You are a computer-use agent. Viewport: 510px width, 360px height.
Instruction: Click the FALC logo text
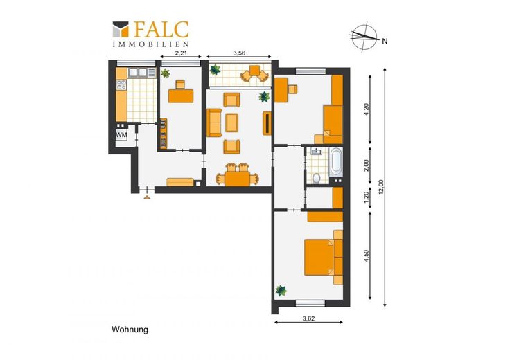click(161, 29)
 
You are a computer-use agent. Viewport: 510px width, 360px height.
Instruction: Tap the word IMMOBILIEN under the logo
click(150, 44)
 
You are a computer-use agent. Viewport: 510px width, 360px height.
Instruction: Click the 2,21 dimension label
click(181, 53)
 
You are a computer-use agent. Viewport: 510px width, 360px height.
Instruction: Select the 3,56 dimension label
click(239, 53)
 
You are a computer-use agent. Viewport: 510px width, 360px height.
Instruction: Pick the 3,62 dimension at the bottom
click(308, 318)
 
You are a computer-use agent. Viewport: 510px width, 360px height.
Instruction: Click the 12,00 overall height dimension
click(382, 187)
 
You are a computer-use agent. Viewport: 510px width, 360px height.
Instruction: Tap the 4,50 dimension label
click(367, 255)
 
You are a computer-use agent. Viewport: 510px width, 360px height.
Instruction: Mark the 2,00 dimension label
click(367, 166)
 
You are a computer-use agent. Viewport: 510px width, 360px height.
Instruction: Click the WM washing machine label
click(121, 134)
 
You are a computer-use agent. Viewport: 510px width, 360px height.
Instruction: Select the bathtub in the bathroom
click(336, 162)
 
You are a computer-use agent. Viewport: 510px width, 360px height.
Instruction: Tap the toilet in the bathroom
click(316, 179)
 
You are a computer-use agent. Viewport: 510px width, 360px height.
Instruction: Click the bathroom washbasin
click(315, 152)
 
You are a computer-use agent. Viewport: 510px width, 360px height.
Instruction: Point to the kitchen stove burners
click(121, 84)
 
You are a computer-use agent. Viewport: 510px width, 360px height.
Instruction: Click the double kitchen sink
click(139, 73)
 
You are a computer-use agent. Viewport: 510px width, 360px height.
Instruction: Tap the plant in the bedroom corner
click(281, 290)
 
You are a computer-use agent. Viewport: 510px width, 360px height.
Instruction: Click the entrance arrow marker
click(147, 197)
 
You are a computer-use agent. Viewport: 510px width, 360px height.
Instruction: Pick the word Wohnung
click(130, 330)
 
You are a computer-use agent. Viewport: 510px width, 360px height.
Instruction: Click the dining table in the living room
click(238, 179)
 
